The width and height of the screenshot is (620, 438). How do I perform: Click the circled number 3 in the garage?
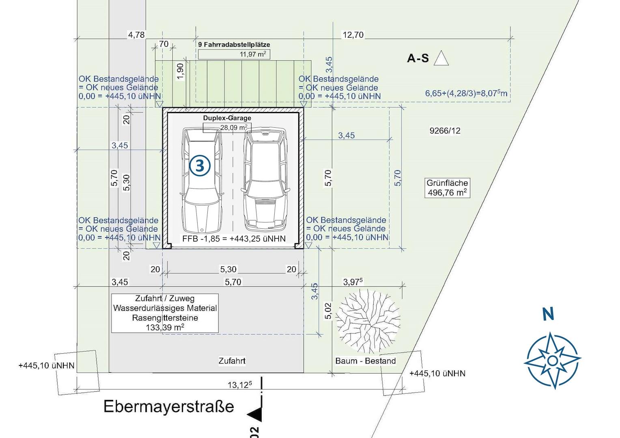click(200, 166)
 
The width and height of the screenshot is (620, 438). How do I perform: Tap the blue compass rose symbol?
click(552, 361)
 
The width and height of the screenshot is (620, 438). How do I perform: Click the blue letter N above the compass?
click(548, 314)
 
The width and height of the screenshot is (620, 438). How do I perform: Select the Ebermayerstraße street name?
click(169, 406)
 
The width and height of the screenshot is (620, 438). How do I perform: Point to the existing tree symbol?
click(368, 321)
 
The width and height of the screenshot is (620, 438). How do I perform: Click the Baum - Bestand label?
click(365, 361)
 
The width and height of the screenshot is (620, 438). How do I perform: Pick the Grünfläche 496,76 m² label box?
click(447, 188)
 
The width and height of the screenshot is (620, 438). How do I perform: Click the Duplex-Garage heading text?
click(227, 118)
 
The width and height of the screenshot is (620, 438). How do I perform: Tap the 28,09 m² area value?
click(234, 128)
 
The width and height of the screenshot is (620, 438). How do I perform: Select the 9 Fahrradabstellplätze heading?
click(234, 45)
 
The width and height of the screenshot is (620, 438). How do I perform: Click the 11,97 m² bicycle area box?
click(234, 54)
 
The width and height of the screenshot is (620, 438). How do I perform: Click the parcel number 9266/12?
click(445, 131)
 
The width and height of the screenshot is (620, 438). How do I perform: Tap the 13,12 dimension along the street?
click(240, 384)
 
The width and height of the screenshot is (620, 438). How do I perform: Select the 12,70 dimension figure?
click(353, 35)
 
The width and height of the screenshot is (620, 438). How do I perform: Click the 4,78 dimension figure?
click(136, 35)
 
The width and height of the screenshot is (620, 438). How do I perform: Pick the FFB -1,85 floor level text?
click(234, 238)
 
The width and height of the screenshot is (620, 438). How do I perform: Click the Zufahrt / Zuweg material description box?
click(165, 313)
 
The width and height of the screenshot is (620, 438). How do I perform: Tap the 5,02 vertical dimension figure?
click(328, 311)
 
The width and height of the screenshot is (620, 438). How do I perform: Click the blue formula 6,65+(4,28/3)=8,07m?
click(466, 93)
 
